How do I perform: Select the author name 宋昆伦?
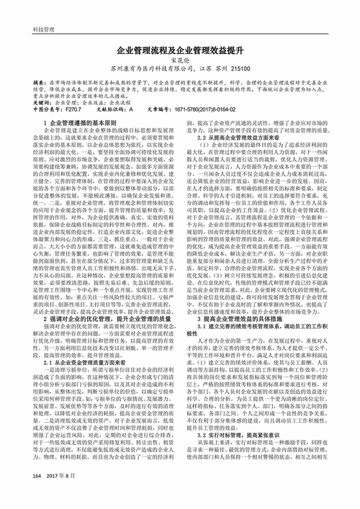(180, 63)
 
